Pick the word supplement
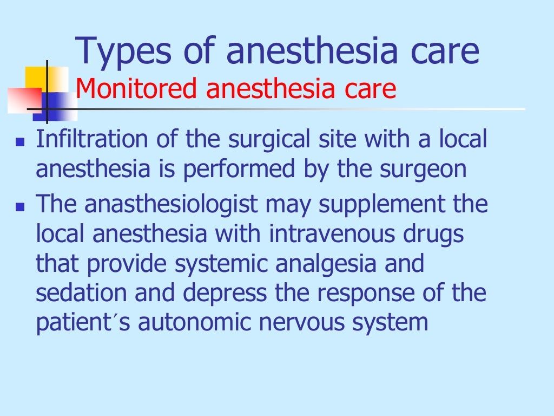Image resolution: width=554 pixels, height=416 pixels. pos(368,205)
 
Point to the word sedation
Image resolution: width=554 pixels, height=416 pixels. pos(81,293)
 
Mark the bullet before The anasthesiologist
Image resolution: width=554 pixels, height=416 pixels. pos(21,206)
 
